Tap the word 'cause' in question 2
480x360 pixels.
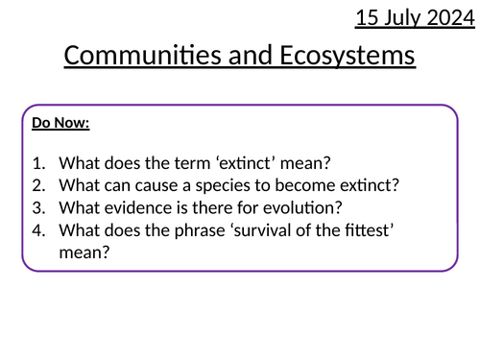pos(162,185)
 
